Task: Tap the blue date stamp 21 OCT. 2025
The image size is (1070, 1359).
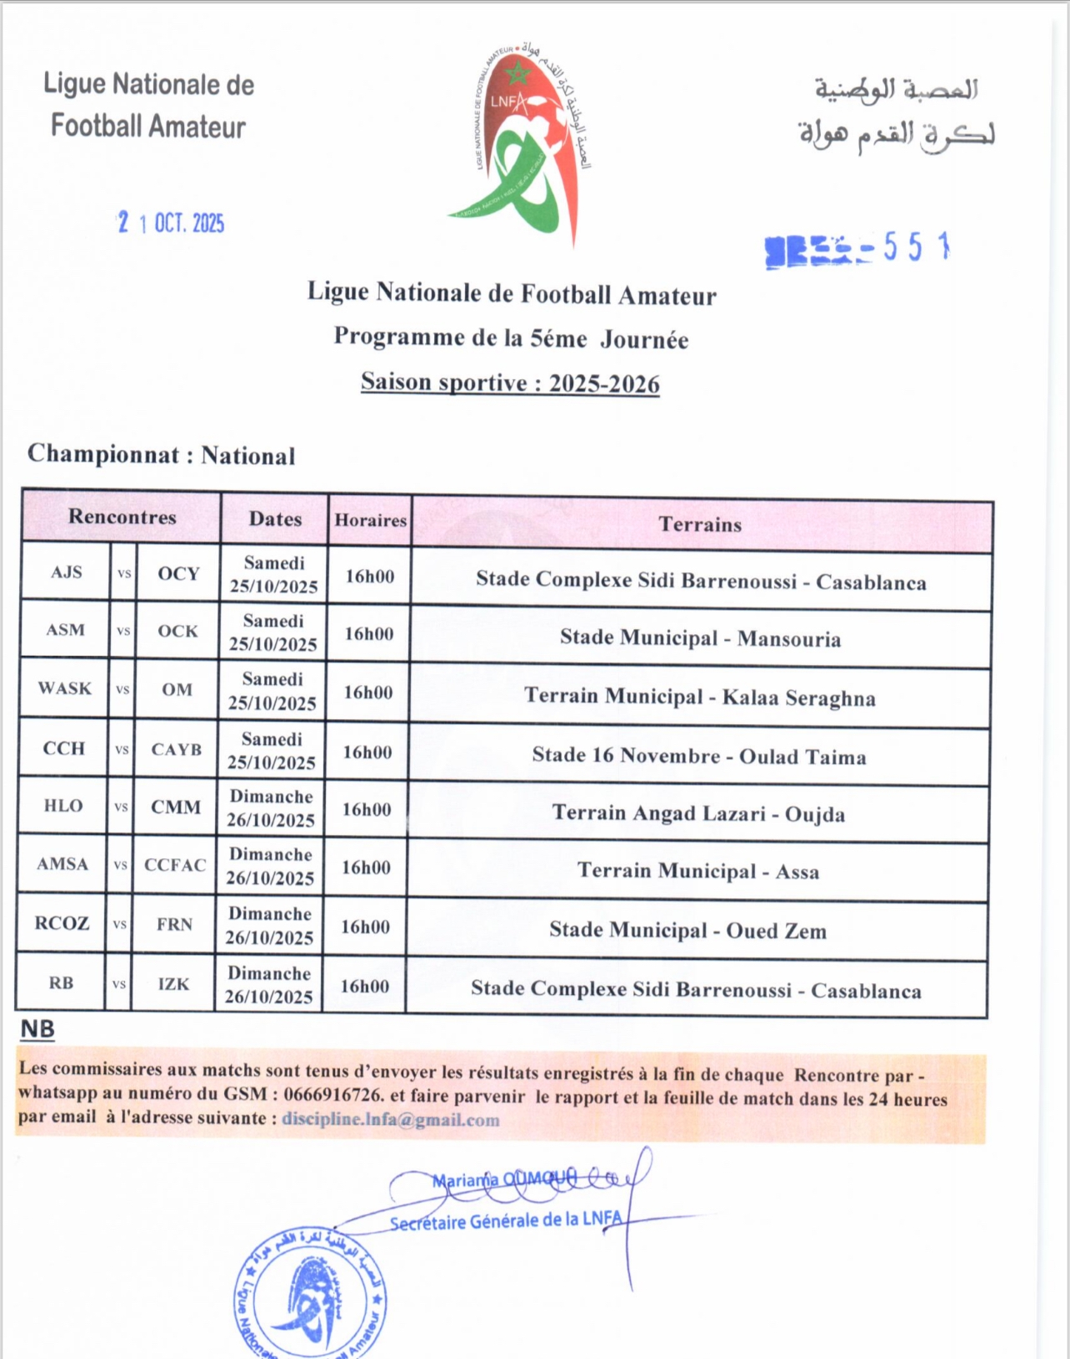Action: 171,222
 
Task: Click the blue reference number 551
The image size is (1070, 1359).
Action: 916,247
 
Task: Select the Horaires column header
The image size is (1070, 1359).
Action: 370,520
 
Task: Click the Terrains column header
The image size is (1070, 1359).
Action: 700,524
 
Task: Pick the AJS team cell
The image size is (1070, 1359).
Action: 67,572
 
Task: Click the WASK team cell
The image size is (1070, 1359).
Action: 64,688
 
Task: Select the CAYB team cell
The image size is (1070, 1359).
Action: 177,749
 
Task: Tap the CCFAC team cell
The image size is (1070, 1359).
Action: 175,865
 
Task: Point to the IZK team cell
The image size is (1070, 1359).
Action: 173,984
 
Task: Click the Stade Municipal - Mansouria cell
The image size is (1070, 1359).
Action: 700,639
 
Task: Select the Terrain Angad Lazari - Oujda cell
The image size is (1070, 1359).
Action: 698,813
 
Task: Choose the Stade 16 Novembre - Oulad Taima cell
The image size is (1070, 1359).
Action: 699,756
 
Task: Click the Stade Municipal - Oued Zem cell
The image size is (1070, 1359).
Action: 688,930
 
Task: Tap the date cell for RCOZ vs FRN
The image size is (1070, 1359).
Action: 269,926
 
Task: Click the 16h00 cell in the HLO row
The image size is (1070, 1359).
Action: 367,809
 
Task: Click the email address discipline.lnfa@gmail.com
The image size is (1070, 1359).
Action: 391,1120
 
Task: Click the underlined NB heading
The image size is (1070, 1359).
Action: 37,1029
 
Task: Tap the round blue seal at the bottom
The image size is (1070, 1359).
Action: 310,1296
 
